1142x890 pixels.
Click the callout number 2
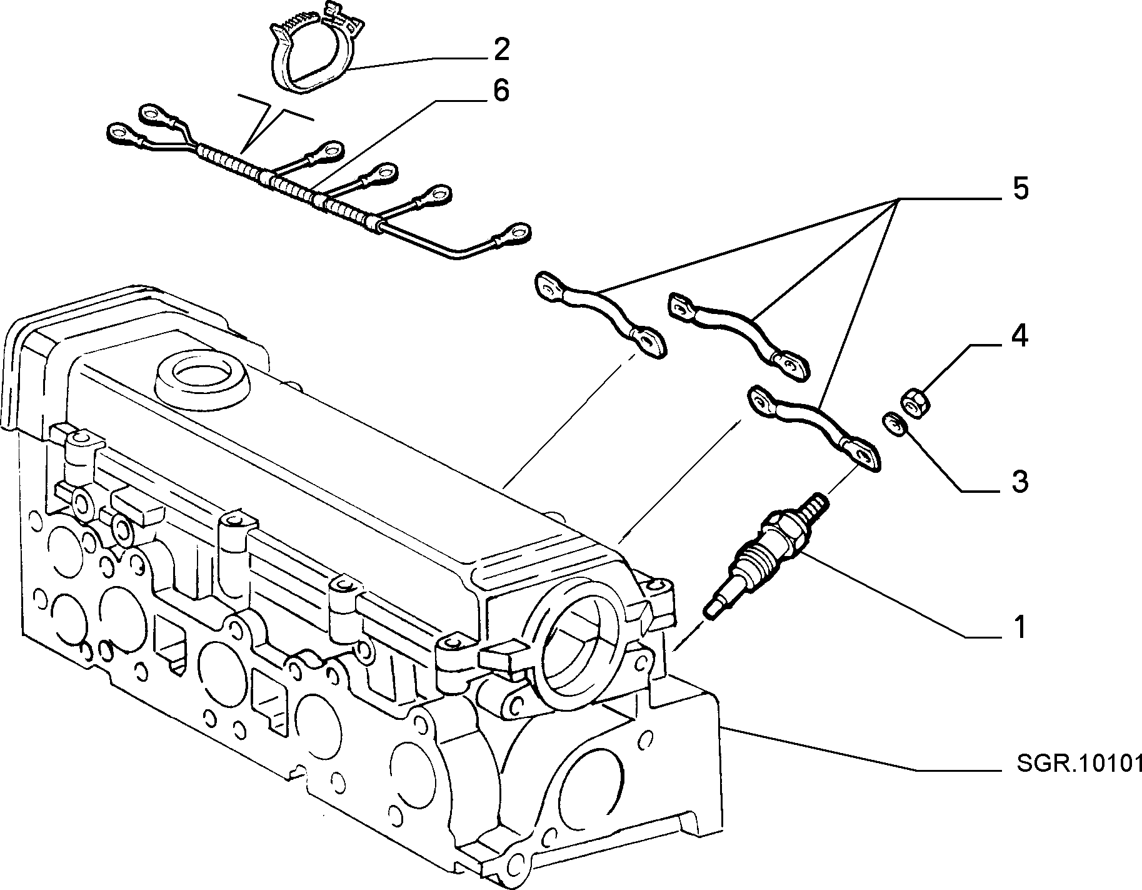501,49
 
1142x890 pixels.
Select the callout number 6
501,91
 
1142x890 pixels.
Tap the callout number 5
1020,189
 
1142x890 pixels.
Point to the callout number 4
1019,338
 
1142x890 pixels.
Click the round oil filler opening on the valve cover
202,378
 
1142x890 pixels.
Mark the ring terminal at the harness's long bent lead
513,233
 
